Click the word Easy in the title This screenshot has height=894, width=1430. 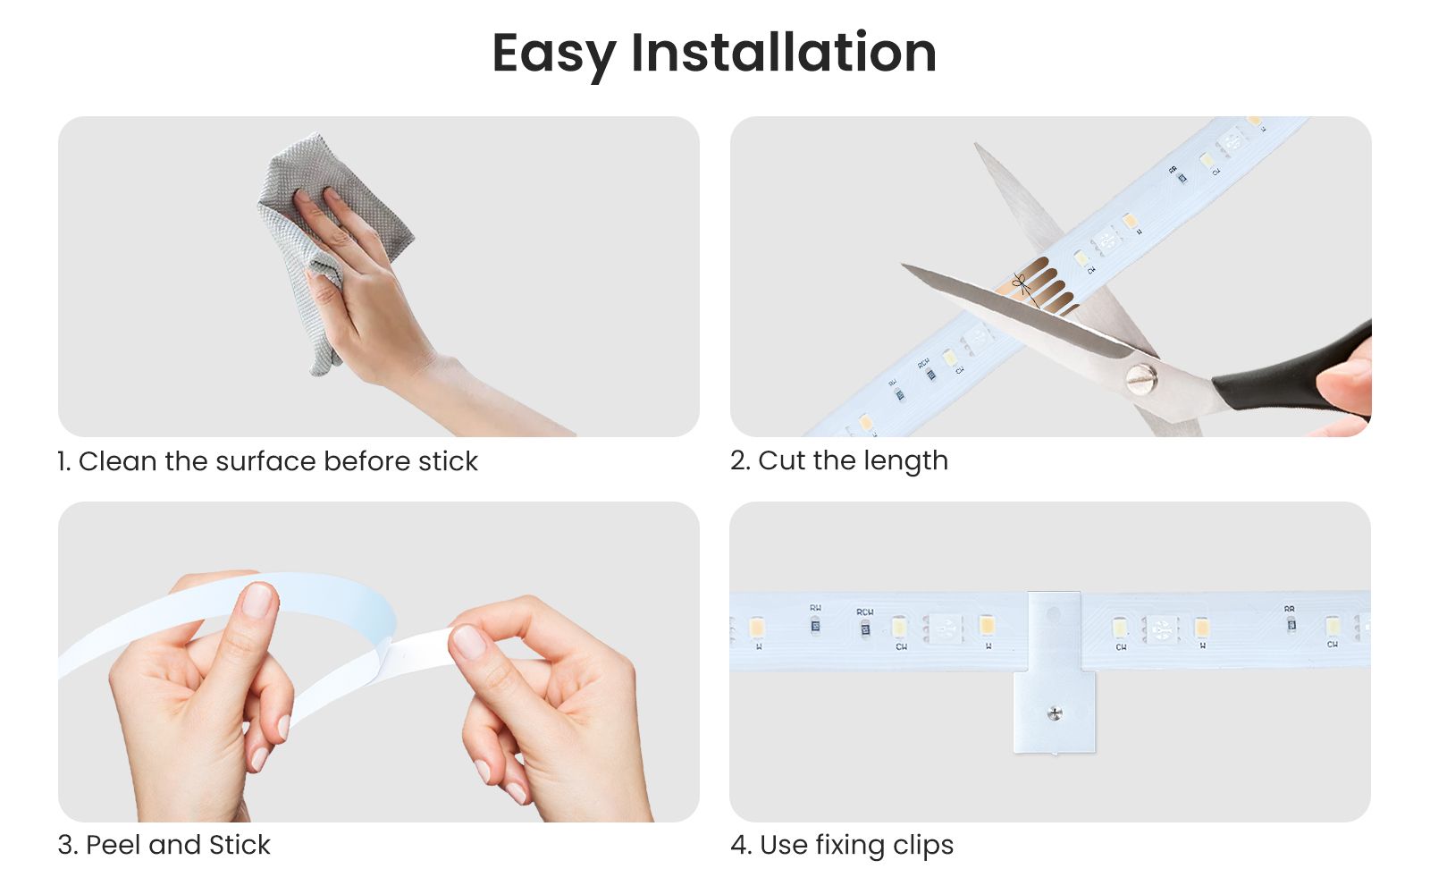(554, 55)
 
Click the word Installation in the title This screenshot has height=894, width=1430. (784, 52)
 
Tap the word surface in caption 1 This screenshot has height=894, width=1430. (265, 461)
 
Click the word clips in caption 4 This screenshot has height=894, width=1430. (923, 847)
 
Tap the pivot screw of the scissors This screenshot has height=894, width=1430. (1141, 379)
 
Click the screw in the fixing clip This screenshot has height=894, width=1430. (1056, 713)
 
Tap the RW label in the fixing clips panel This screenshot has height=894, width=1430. (815, 608)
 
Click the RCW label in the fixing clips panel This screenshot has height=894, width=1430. (865, 612)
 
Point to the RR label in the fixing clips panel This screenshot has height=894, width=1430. (1290, 609)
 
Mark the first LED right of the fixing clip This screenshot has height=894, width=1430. (1121, 628)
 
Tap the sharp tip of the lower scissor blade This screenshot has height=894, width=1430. (902, 265)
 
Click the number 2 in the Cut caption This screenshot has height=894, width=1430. (738, 461)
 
